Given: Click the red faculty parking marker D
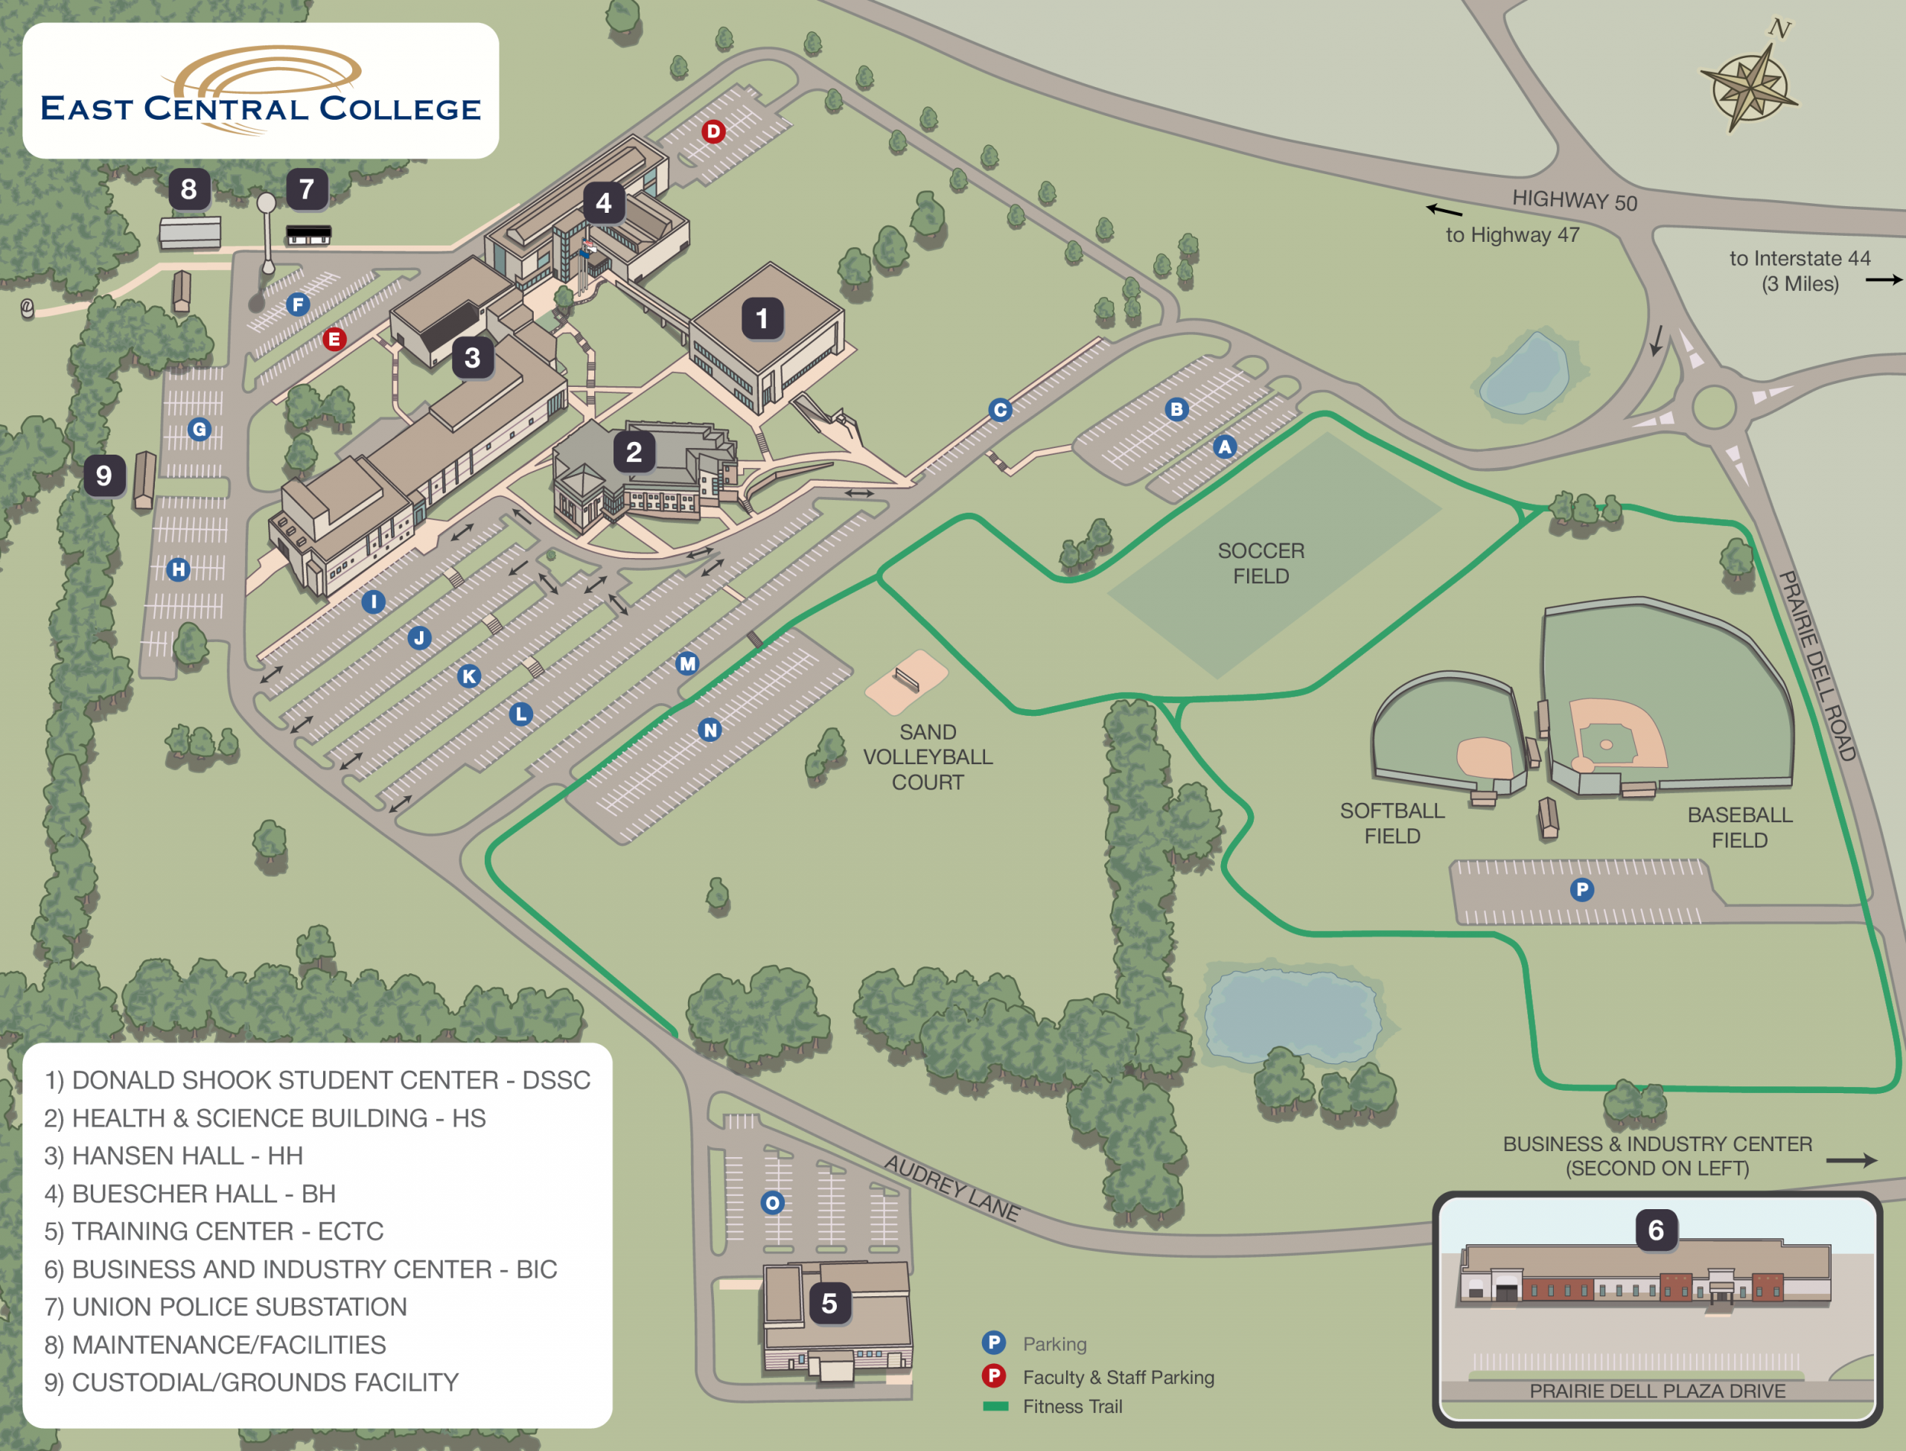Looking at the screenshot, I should click(x=713, y=131).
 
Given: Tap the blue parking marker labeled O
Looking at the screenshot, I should click(x=772, y=1202).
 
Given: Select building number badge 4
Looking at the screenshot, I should click(x=603, y=203).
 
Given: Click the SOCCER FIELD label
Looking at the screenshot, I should click(x=1260, y=563).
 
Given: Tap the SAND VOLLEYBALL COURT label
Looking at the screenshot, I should click(x=927, y=757).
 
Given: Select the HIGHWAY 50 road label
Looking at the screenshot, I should click(x=1574, y=200).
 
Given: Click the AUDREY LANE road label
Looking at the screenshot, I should click(x=952, y=1188).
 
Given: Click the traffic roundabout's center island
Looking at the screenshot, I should click(x=1713, y=407).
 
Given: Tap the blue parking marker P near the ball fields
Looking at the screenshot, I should click(x=1581, y=890).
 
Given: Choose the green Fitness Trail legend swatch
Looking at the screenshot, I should click(x=995, y=1406).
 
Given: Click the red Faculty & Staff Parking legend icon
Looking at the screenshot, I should click(x=994, y=1375).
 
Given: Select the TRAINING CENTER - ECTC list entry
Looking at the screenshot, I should click(x=214, y=1231).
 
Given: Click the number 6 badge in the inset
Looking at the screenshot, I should click(x=1655, y=1230).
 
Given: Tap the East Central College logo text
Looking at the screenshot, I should click(x=260, y=109).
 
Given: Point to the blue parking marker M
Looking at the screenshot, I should click(x=687, y=663).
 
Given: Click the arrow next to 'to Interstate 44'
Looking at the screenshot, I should click(x=1884, y=280).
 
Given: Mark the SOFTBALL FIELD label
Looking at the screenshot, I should click(x=1392, y=823).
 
